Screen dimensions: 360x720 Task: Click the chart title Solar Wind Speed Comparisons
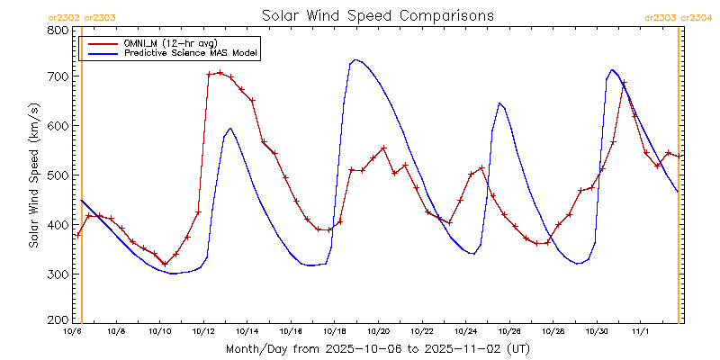(377, 15)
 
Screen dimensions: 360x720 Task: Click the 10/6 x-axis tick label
(73, 332)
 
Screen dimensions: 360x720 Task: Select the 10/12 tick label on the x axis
(203, 332)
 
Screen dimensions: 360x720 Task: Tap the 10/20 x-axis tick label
(378, 332)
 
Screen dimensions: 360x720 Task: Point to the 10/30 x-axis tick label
(596, 332)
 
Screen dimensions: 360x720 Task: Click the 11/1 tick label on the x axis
(640, 332)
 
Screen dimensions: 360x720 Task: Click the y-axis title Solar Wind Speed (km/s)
(33, 175)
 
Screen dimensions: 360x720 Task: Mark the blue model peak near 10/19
(355, 59)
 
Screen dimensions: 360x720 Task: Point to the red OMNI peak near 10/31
(624, 83)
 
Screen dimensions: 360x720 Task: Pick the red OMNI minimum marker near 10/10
(165, 265)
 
